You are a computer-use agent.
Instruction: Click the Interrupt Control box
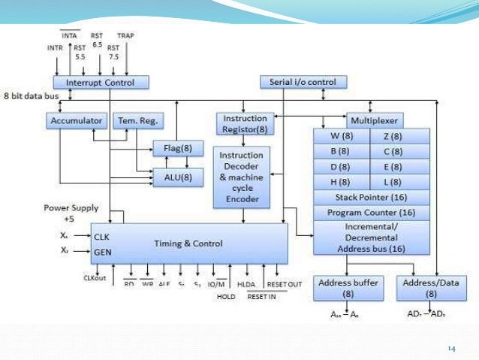pyautogui.click(x=101, y=82)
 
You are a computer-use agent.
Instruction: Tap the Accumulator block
pyautogui.click(x=75, y=120)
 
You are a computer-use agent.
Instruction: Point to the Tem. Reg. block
pyautogui.click(x=138, y=120)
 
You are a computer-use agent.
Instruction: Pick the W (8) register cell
pyautogui.click(x=342, y=136)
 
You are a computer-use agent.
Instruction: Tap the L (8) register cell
pyautogui.click(x=399, y=181)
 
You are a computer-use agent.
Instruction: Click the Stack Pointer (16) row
pyautogui.click(x=371, y=197)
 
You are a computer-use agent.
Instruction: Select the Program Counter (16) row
pyautogui.click(x=371, y=213)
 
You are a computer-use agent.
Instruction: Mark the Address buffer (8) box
pyautogui.click(x=346, y=287)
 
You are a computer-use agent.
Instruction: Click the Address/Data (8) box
pyautogui.click(x=429, y=287)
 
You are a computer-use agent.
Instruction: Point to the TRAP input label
pyautogui.click(x=126, y=35)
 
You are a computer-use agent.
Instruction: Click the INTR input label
pyautogui.click(x=55, y=48)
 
